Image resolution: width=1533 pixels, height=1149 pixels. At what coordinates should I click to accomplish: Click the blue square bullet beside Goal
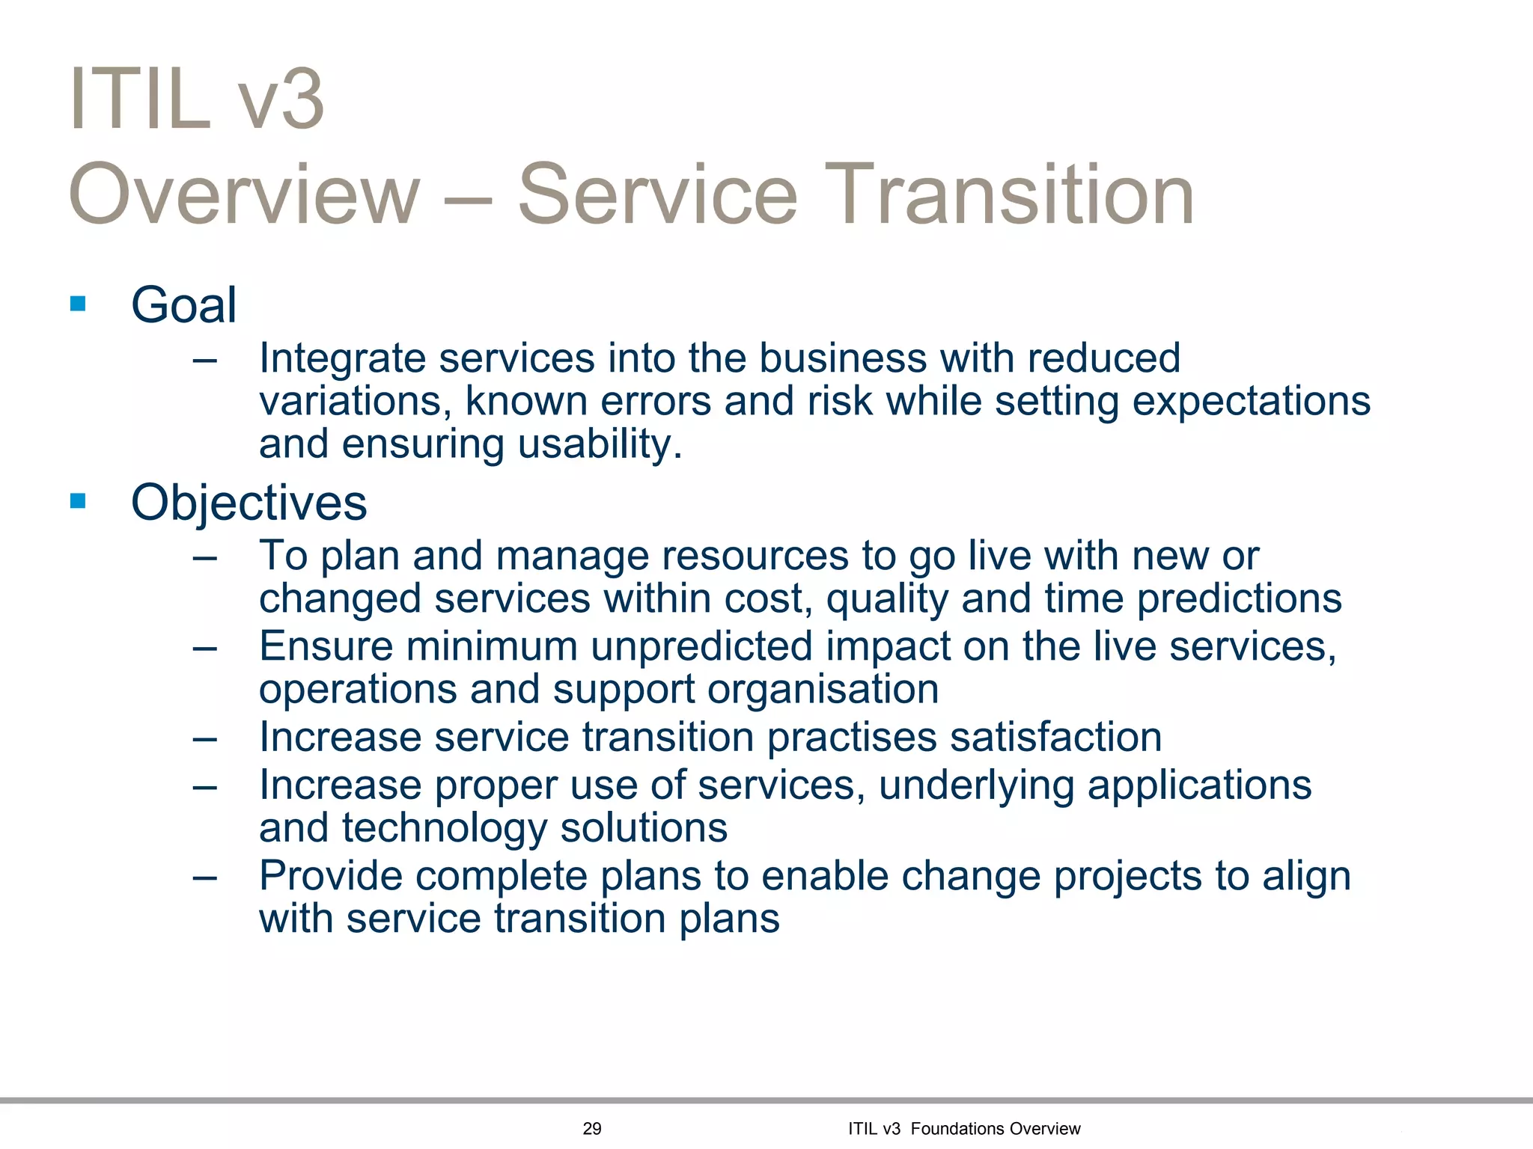[x=78, y=304]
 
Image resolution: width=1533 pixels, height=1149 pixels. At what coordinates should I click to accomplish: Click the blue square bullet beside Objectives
[x=78, y=500]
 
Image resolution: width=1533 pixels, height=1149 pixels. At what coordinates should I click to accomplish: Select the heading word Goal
[x=183, y=305]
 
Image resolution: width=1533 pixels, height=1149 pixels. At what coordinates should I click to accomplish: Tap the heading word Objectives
[x=249, y=503]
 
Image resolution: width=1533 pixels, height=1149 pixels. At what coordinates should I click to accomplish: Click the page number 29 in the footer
[x=591, y=1129]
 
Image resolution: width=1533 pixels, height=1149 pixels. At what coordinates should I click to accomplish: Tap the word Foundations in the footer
[x=956, y=1129]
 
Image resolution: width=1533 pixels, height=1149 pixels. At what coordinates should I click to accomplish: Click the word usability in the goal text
[x=599, y=444]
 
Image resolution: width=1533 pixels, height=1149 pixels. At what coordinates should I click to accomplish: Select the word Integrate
[x=342, y=359]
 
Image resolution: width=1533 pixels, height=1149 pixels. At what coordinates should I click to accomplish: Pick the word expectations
[x=1251, y=402]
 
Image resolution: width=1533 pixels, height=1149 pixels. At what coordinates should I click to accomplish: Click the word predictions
[x=1239, y=599]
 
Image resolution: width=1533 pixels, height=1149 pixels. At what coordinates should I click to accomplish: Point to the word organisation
[x=823, y=689]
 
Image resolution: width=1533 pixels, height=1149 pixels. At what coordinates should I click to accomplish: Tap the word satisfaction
[x=1055, y=737]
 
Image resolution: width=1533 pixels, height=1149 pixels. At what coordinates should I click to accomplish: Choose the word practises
[x=851, y=737]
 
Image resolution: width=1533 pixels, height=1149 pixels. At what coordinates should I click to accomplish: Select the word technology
[x=445, y=829]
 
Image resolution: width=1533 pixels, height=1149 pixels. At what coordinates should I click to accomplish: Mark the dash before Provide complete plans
[x=204, y=877]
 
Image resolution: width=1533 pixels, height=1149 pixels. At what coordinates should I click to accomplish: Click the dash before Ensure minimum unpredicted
[x=204, y=647]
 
